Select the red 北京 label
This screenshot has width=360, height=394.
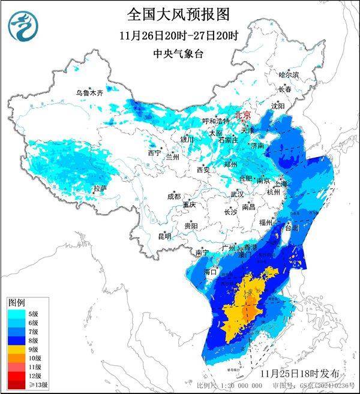click(x=242, y=114)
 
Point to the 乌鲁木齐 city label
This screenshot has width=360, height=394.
click(x=89, y=93)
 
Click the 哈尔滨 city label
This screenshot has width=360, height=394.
click(x=289, y=74)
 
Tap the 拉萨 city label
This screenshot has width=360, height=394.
click(x=100, y=188)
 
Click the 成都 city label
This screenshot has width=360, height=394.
click(x=174, y=196)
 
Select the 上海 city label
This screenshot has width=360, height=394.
click(x=281, y=184)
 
